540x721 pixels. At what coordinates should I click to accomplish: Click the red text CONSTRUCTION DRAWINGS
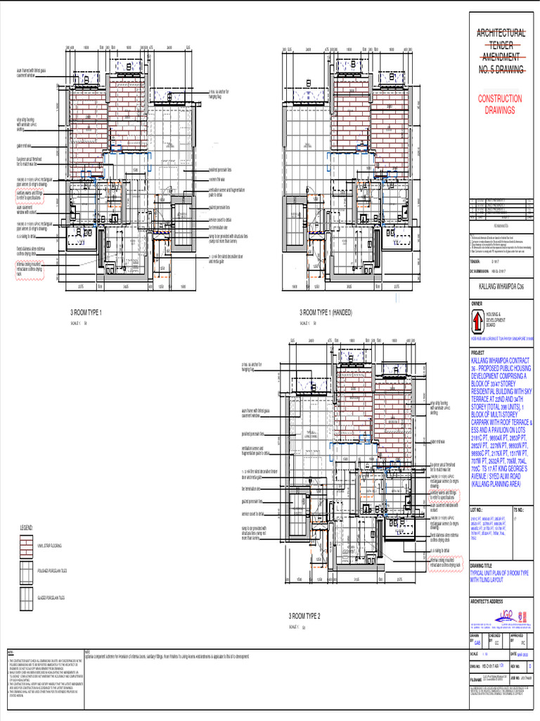(500, 105)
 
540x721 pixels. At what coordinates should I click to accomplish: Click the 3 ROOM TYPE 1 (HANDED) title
(326, 311)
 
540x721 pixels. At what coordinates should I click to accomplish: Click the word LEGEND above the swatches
(26, 527)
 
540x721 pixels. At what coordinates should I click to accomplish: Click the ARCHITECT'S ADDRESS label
(487, 601)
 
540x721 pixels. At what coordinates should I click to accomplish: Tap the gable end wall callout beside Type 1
(25, 146)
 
